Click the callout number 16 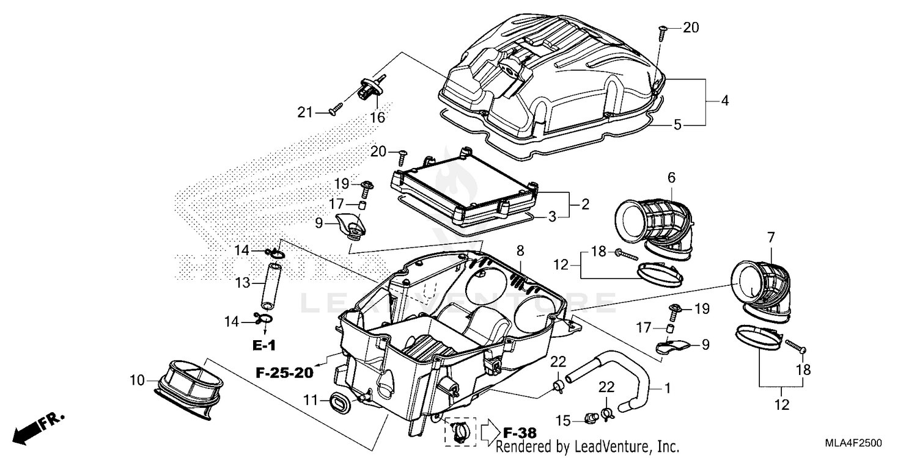pos(378,117)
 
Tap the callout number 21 pos(305,112)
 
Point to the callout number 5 pos(677,125)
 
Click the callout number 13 pos(244,283)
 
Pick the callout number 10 pos(137,381)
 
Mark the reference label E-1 pos(263,346)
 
